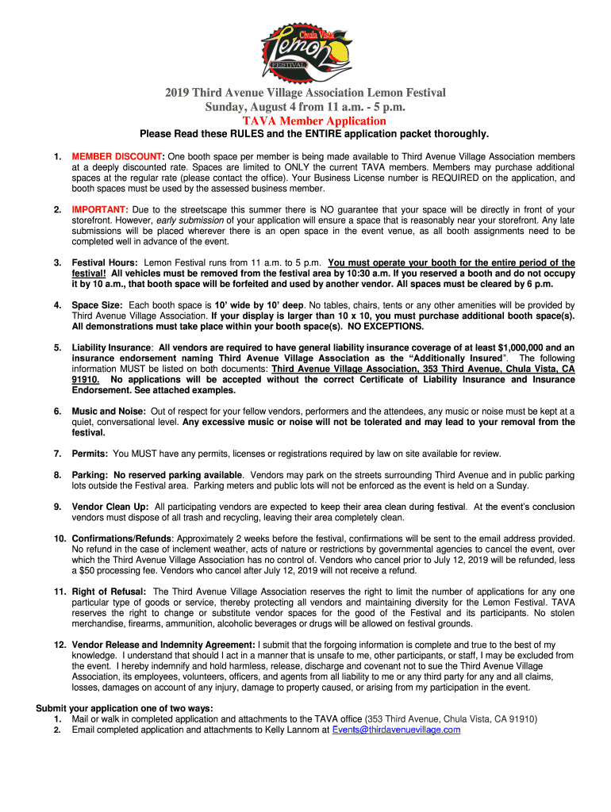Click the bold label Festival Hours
pos(106,262)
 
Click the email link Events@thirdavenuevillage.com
pos(396,730)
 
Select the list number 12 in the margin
pos(60,645)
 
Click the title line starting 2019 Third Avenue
pos(305,93)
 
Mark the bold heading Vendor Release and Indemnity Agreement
pos(163,645)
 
